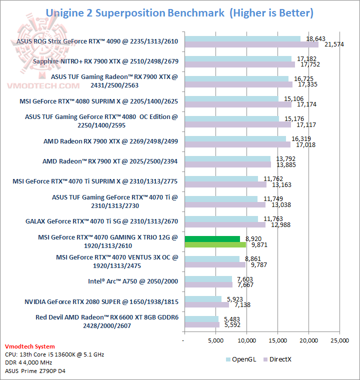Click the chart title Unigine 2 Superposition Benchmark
135,12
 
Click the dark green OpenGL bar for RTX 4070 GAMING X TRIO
212,239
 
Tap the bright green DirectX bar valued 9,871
215,245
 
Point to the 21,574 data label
334,45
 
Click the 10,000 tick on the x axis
246,340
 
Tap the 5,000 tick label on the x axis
215,340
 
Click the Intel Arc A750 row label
133,281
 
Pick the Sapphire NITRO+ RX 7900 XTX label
105,61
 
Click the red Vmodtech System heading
30,346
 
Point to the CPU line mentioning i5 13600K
54,354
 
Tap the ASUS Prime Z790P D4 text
35,370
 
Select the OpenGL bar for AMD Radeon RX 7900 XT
227,159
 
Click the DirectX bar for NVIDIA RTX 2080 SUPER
206,305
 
